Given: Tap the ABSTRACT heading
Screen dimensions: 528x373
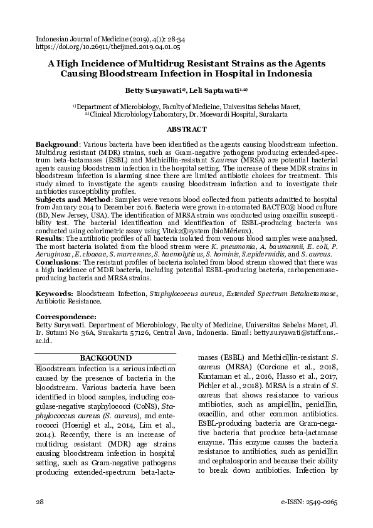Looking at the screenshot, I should (186, 129).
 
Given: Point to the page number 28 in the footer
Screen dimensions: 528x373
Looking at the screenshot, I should (39, 504).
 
